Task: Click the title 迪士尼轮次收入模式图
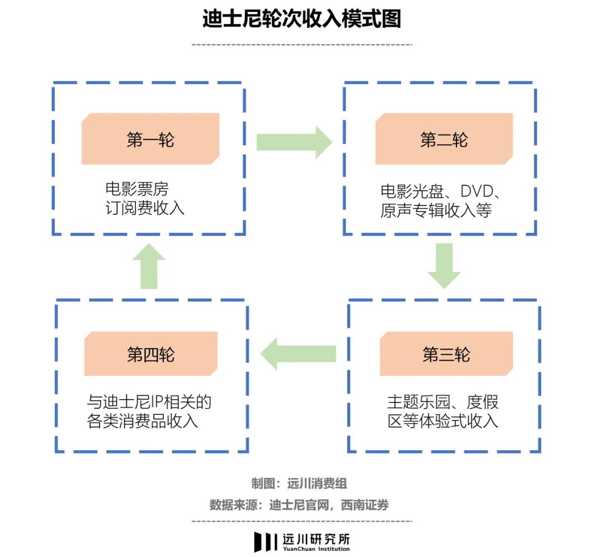[301, 20]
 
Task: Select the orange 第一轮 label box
[150, 139]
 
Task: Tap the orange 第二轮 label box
[443, 139]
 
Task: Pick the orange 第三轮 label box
[446, 354]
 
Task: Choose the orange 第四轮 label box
[150, 354]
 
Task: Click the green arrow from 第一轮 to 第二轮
[294, 142]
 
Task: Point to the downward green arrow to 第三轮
[444, 265]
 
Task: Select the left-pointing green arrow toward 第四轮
[298, 354]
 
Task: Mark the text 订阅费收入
[145, 208]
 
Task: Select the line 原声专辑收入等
[436, 210]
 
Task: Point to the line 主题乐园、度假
[442, 402]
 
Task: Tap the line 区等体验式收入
[442, 420]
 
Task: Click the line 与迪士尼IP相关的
[149, 401]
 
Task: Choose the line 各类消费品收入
[143, 420]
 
